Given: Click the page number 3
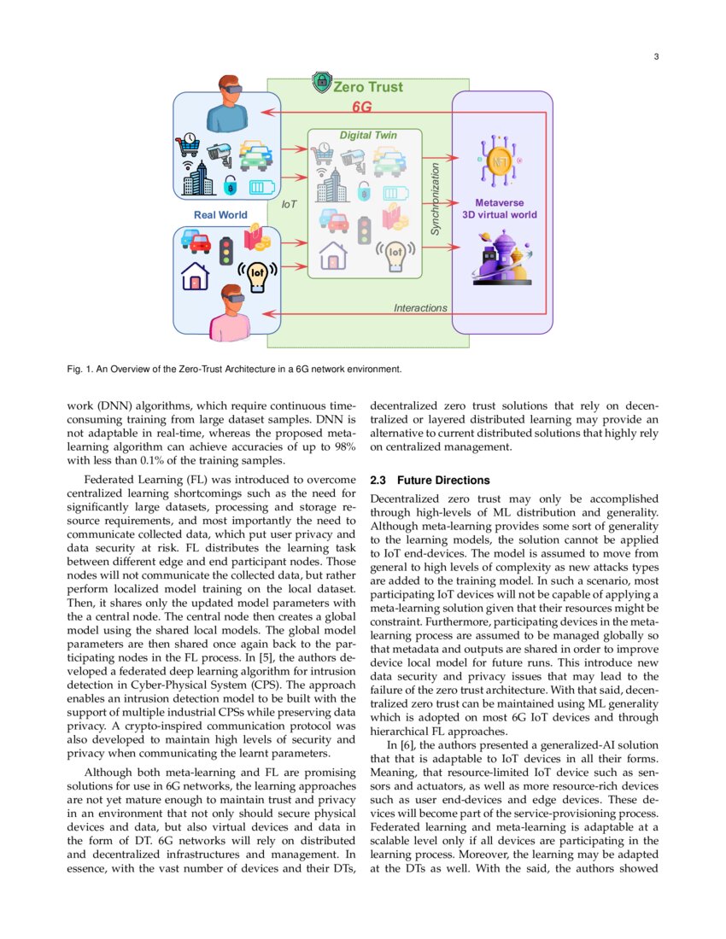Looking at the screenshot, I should point(655,57).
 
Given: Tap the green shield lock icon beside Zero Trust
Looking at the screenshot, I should point(321,83).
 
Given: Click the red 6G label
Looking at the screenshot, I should point(363,108).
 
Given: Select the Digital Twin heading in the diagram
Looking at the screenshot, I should point(368,136).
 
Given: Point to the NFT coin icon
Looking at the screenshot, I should point(499,161).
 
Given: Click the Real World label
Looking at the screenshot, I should point(220,215).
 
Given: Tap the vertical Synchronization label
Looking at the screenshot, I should point(435,200).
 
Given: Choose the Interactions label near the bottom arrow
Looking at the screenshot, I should point(419,308).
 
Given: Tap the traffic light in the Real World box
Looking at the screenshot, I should point(226,249).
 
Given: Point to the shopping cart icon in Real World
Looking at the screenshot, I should point(187,145).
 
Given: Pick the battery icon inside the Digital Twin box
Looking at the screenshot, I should point(395,192).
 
